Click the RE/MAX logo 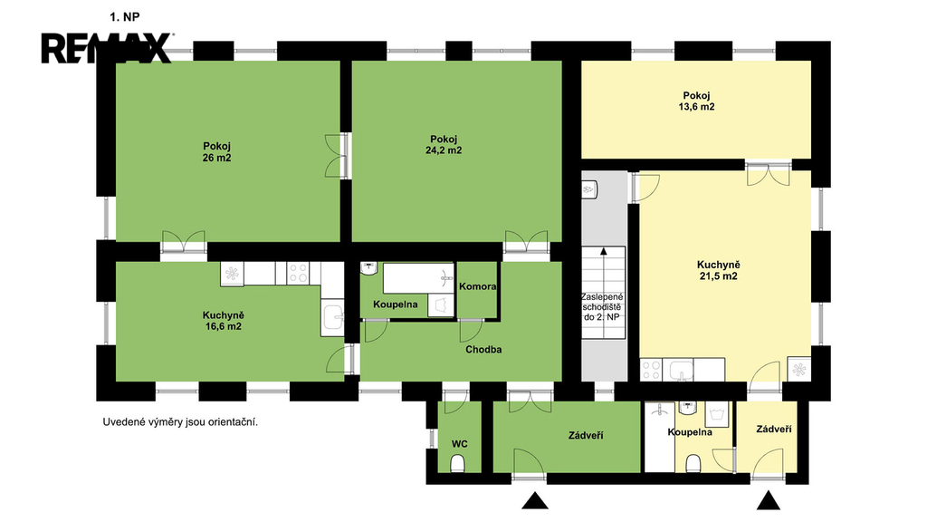click(107, 48)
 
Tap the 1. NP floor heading click(125, 17)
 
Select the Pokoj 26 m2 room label click(216, 151)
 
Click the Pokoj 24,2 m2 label click(444, 144)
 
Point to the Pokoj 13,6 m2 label click(696, 101)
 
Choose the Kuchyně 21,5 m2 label click(718, 270)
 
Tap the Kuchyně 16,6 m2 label click(223, 321)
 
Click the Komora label click(478, 286)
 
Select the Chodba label click(483, 349)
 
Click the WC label click(459, 444)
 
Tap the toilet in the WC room click(458, 463)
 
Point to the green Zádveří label click(586, 436)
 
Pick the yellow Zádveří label click(774, 429)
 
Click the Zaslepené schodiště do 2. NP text click(602, 306)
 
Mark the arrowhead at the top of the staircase click(604, 251)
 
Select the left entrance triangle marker click(535, 500)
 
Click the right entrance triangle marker click(769, 500)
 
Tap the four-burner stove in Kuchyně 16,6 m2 click(298, 273)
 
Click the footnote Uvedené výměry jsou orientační click(180, 422)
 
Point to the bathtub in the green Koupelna click(418, 278)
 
